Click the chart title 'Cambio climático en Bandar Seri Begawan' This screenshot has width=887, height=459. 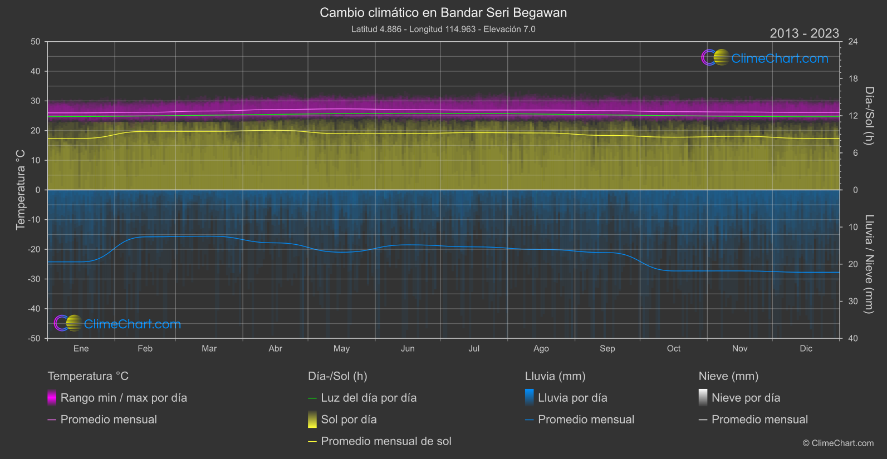pyautogui.click(x=443, y=13)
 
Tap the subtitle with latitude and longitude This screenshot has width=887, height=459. pyautogui.click(x=443, y=29)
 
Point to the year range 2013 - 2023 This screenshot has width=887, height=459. pyautogui.click(x=804, y=33)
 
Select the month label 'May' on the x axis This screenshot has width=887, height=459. pyautogui.click(x=341, y=348)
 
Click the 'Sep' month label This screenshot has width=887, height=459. pyautogui.click(x=607, y=348)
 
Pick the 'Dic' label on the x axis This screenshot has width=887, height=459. pyautogui.click(x=806, y=348)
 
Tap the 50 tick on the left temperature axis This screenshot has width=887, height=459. pyautogui.click(x=36, y=42)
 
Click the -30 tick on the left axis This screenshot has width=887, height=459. pyautogui.click(x=34, y=279)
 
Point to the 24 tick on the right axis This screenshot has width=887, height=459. pyautogui.click(x=852, y=42)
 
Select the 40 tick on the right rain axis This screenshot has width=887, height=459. pyautogui.click(x=852, y=338)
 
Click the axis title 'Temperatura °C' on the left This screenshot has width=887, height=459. pyautogui.click(x=21, y=190)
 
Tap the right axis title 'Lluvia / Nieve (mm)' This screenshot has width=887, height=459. pyautogui.click(x=869, y=264)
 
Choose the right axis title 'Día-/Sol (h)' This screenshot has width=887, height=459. pyautogui.click(x=869, y=116)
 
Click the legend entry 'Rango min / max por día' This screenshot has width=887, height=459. pyautogui.click(x=124, y=398)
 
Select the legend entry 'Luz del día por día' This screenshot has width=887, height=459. pyautogui.click(x=369, y=398)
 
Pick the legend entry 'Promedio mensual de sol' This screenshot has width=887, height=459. pyautogui.click(x=386, y=441)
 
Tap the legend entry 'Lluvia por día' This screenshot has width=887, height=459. pyautogui.click(x=572, y=398)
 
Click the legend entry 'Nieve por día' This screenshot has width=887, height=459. pyautogui.click(x=746, y=398)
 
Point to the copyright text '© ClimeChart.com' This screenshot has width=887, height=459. pyautogui.click(x=838, y=443)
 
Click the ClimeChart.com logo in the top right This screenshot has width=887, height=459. pyautogui.click(x=765, y=58)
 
